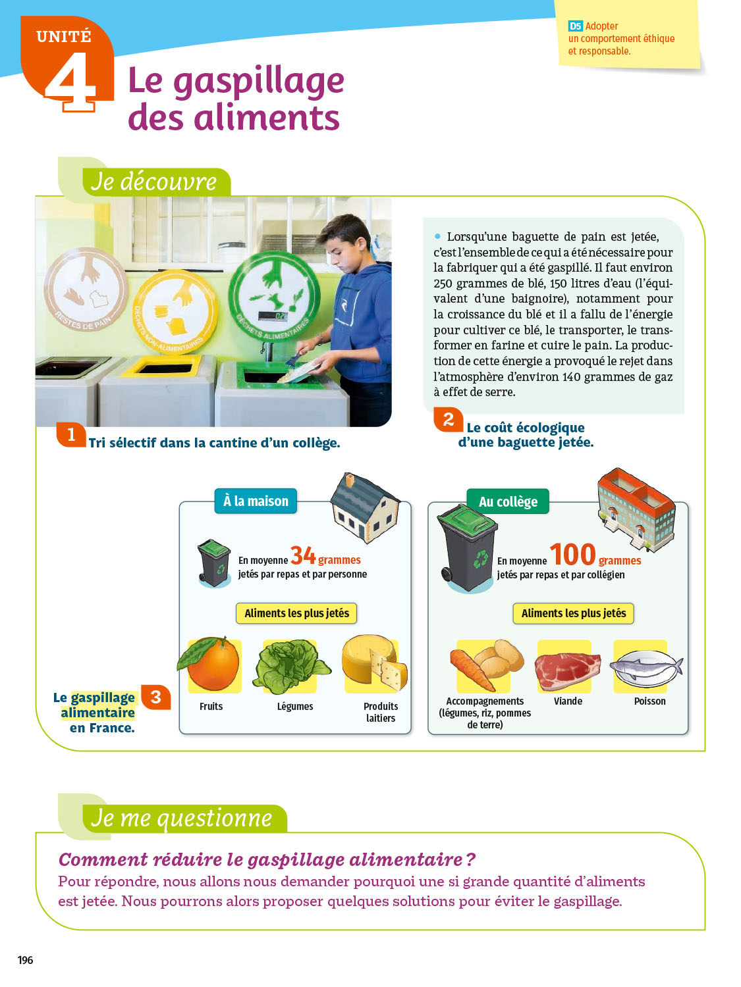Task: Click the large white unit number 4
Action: pyautogui.click(x=71, y=81)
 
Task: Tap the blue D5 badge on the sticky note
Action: pyautogui.click(x=575, y=26)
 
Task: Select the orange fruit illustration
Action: pyautogui.click(x=209, y=663)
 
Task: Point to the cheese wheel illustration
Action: pyautogui.click(x=374, y=661)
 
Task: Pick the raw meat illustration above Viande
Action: pyautogui.click(x=568, y=671)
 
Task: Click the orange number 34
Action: pyautogui.click(x=303, y=555)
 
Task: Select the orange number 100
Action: pyautogui.click(x=572, y=555)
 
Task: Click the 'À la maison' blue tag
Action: pyautogui.click(x=256, y=501)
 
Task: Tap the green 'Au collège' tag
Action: pyautogui.click(x=508, y=501)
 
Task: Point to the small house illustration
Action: pyautogui.click(x=365, y=507)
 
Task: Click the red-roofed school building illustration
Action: pyautogui.click(x=636, y=509)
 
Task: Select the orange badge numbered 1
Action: pyautogui.click(x=70, y=435)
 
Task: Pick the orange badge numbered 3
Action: pyautogui.click(x=155, y=697)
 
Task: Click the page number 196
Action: pyautogui.click(x=25, y=960)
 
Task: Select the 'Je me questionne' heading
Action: pyautogui.click(x=181, y=818)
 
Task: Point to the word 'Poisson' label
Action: pyautogui.click(x=649, y=701)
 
